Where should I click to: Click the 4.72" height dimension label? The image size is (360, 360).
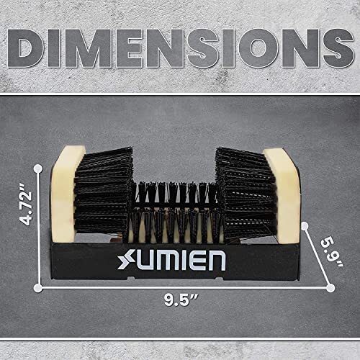pos(26,204)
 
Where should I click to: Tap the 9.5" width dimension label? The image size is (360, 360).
pos(181,300)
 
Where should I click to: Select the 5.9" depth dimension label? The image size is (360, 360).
pos(333,253)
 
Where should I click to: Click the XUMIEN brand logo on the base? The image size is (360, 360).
pos(171,260)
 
